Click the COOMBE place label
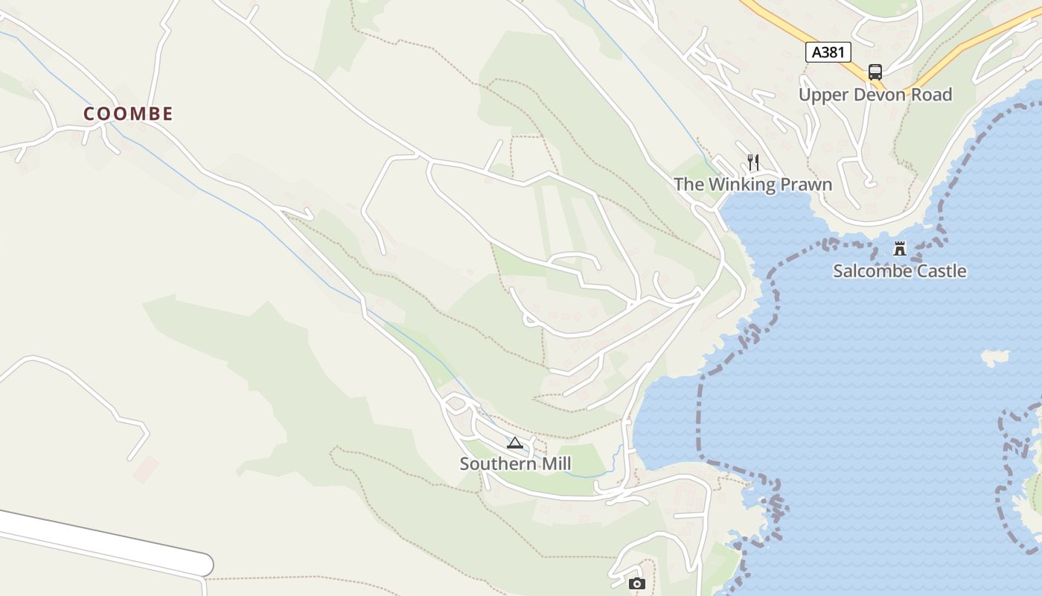point(128,114)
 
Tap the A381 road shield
point(828,52)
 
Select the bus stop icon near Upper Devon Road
point(875,72)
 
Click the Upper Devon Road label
point(875,95)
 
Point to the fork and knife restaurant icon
point(753,162)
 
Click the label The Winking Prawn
point(752,184)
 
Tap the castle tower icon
point(900,249)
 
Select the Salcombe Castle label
point(899,271)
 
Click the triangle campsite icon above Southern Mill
point(514,443)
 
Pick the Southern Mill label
point(515,464)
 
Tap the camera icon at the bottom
point(636,583)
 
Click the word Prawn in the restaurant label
point(805,184)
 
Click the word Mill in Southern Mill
point(556,464)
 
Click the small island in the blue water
point(995,358)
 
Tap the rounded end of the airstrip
point(202,565)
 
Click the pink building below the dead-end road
point(146,469)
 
